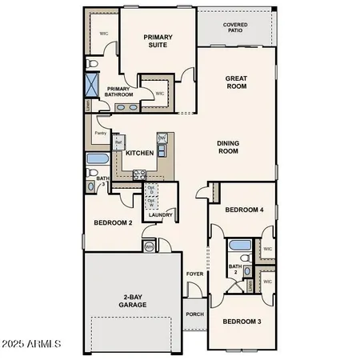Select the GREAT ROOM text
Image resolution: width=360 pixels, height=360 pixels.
pos(237,84)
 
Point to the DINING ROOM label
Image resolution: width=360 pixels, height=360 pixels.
pos(230,147)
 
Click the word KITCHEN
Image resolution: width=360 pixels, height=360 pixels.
pos(139,152)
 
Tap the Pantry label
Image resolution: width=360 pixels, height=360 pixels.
pos(100,133)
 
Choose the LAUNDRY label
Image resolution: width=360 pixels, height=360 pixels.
pos(161,214)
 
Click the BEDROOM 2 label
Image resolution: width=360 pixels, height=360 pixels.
pos(113,222)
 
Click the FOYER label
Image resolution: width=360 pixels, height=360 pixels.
pos(195,274)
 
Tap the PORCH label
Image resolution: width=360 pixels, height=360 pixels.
pos(195,314)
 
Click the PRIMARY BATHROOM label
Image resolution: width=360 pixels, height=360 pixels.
pos(118,93)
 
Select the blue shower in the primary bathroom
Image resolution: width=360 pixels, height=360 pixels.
pos(92,84)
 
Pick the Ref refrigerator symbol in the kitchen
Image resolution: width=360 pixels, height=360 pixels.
pos(117,144)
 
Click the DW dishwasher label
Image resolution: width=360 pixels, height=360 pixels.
pos(162,138)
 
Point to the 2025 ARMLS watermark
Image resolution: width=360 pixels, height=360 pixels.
pos(32,344)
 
